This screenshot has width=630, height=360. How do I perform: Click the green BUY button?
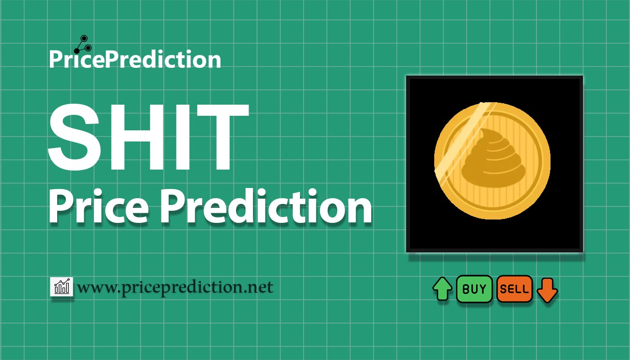coord(474,289)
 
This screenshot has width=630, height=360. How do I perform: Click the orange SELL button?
coord(514,289)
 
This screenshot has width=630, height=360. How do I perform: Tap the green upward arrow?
coord(442,289)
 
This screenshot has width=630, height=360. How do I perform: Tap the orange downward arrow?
coord(547,290)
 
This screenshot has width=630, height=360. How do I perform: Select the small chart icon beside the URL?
coord(62,287)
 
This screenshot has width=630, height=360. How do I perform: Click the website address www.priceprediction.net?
coord(175,287)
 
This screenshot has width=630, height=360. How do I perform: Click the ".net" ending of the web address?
coord(260,288)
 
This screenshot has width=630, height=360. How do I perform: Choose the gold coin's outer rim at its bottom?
coord(492,217)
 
